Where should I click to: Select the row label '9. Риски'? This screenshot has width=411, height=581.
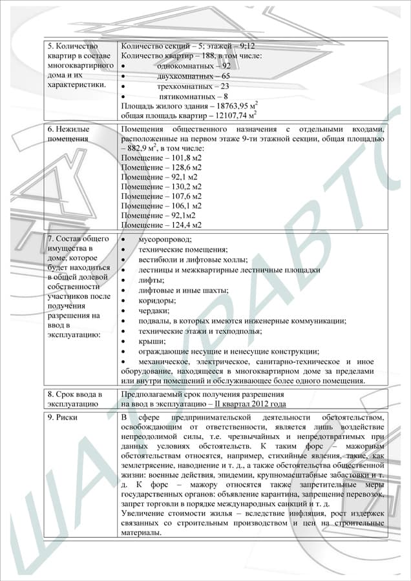(x=63, y=418)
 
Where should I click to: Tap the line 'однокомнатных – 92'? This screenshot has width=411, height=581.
(x=193, y=66)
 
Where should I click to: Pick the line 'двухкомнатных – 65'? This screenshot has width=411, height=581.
(x=193, y=76)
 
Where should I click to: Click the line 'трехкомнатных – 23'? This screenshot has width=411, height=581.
(x=193, y=86)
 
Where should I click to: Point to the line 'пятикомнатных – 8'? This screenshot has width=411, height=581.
(x=192, y=96)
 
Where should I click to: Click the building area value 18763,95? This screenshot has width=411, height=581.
(x=231, y=106)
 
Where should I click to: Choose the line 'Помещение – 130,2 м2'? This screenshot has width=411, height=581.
(x=161, y=186)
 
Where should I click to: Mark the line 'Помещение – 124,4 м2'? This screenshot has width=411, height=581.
(x=161, y=225)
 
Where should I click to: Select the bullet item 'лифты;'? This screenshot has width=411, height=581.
(x=151, y=280)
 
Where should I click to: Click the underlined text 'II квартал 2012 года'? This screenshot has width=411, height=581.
(x=250, y=404)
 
